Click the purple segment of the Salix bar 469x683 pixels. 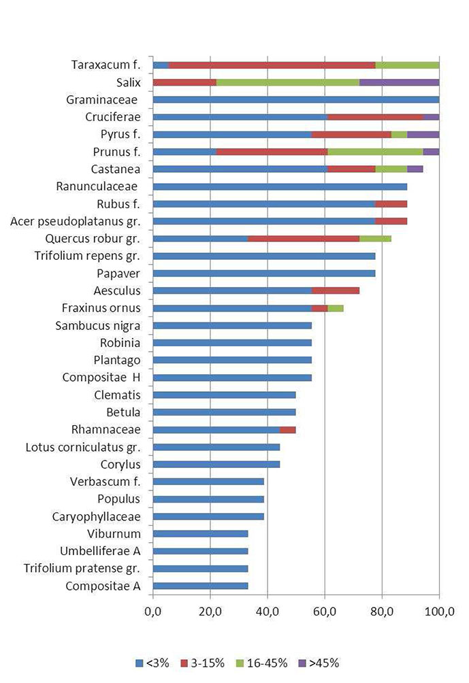(399, 82)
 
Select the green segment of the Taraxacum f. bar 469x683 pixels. (407, 65)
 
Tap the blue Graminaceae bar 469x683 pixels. (296, 100)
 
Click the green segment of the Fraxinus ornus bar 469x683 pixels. (336, 308)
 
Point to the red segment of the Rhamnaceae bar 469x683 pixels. (288, 429)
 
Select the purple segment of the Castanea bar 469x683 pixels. (415, 169)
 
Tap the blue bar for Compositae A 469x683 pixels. (201, 586)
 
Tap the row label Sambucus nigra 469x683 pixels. (98, 325)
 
